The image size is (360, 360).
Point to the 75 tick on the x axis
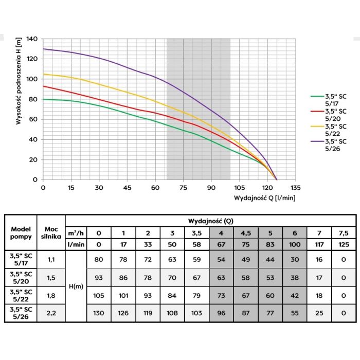183,187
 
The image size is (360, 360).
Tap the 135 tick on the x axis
295,187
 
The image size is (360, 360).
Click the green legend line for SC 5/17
317,96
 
